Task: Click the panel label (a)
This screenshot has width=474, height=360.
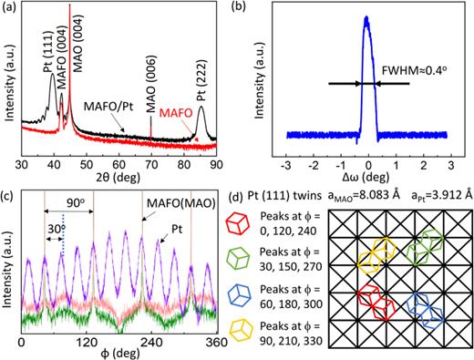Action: tap(12, 10)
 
